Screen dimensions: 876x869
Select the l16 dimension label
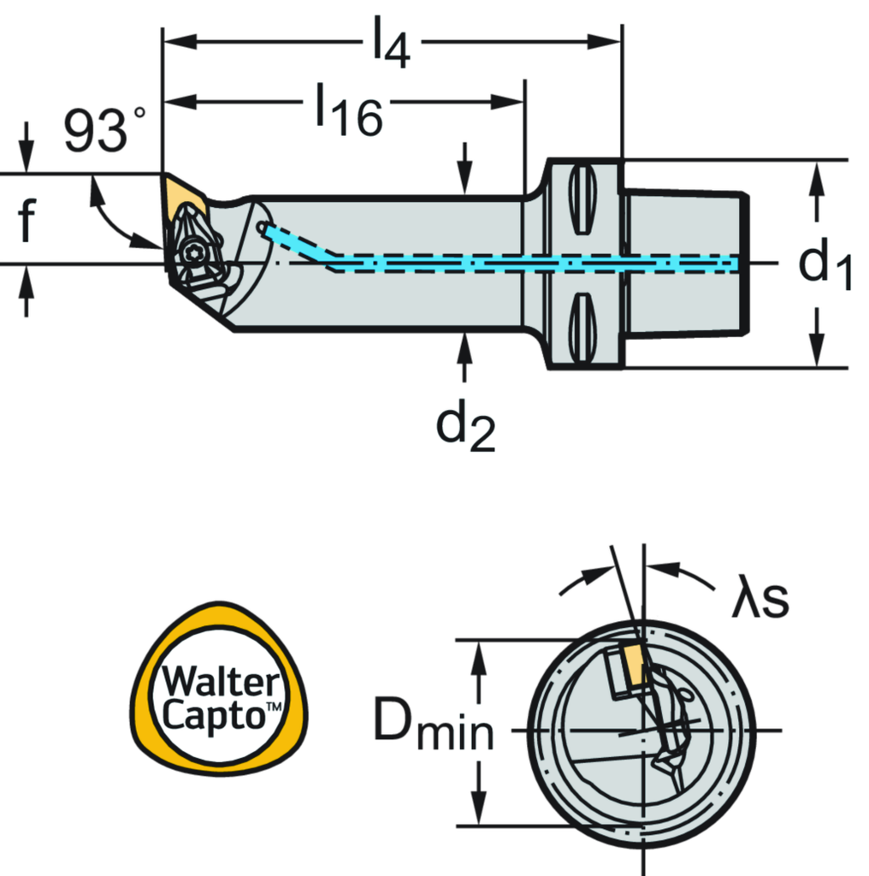[346, 109]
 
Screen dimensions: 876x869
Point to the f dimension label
[27, 220]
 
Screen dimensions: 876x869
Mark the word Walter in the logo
[221, 681]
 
